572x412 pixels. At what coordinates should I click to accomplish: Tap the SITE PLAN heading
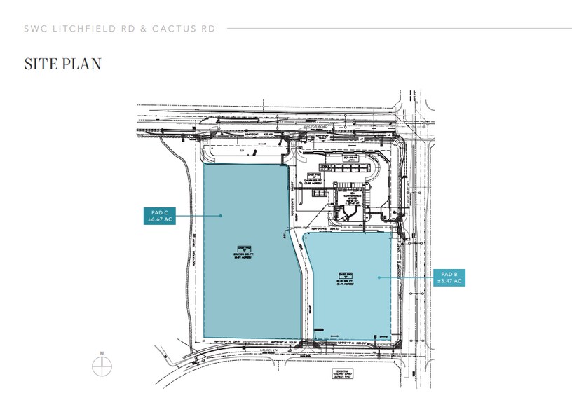[63, 64]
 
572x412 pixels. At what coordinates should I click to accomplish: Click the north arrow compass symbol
[102, 366]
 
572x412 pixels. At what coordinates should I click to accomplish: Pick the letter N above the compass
[102, 353]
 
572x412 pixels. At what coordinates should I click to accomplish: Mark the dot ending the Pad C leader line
[222, 216]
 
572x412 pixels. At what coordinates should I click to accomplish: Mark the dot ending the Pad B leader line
[379, 277]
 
